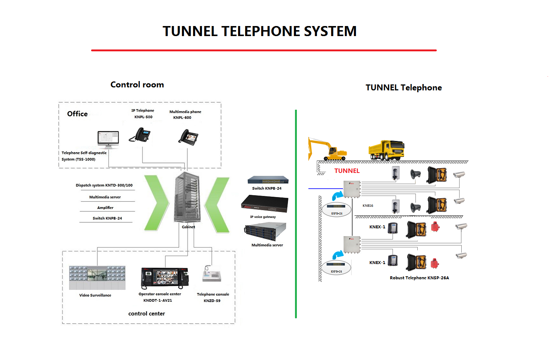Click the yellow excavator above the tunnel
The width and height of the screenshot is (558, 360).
(327, 149)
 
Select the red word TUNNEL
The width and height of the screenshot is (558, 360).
(347, 171)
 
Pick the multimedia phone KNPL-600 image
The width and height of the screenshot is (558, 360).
(188, 137)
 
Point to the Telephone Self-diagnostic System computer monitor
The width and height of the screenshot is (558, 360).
(108, 139)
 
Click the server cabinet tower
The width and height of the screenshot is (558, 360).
(187, 197)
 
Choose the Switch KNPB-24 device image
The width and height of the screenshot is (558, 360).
(268, 180)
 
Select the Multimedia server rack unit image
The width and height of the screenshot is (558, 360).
(266, 231)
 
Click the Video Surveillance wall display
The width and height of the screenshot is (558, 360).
(97, 277)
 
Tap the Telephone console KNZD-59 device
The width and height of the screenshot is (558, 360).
(212, 274)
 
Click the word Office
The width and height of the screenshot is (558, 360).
(77, 114)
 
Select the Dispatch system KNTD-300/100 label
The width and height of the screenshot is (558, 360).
(104, 185)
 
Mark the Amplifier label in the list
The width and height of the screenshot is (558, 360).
(105, 208)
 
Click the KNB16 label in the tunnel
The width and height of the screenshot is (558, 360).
(368, 206)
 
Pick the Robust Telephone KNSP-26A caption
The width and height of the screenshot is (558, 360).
(419, 278)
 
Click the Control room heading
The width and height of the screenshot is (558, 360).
(137, 85)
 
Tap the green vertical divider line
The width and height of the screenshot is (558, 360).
(296, 214)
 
